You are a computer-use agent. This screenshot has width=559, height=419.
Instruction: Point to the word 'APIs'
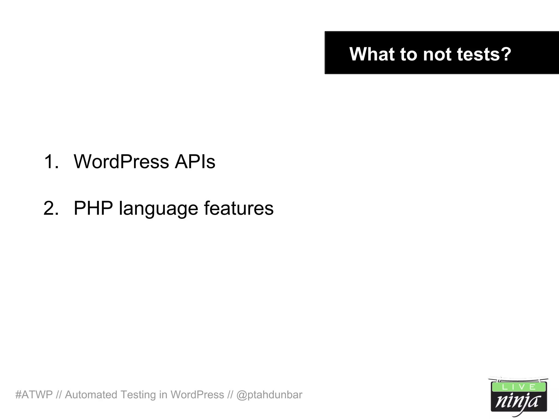(195, 161)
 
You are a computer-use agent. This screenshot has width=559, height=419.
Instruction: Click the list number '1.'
(51, 161)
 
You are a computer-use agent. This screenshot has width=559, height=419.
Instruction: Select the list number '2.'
(51, 208)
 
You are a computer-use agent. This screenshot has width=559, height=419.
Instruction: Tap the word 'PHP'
(93, 208)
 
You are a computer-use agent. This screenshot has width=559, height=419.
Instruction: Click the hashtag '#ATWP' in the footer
(34, 395)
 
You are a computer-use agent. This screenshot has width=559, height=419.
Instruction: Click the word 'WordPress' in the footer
(197, 395)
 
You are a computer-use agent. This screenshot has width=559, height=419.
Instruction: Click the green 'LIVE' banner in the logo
(519, 387)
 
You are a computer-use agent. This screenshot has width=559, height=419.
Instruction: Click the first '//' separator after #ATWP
(59, 395)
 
